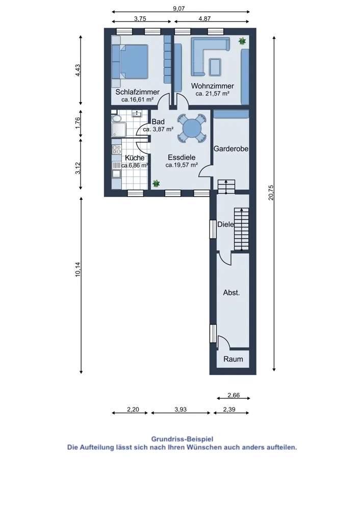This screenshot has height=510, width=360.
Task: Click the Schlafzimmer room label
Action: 137,92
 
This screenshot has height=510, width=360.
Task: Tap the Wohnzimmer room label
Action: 212,86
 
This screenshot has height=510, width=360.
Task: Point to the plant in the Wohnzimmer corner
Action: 242,41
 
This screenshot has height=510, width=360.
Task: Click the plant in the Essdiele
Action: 156,184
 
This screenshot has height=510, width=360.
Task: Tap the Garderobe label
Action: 231,148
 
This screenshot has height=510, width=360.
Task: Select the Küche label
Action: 135,158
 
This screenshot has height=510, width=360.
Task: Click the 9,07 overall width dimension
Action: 179,9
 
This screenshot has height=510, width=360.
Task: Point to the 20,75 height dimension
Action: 271,192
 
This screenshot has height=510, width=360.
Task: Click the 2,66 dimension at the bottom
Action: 234,395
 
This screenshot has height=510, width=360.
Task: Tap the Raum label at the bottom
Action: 233,359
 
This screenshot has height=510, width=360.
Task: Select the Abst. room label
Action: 232,293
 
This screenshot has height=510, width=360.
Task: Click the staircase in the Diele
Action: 242,229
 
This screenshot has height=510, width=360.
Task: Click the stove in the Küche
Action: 116,149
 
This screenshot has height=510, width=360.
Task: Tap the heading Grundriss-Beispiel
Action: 182,440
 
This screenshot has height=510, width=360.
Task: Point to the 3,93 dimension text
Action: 181,410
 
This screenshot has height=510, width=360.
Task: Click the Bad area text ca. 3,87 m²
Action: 158,129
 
